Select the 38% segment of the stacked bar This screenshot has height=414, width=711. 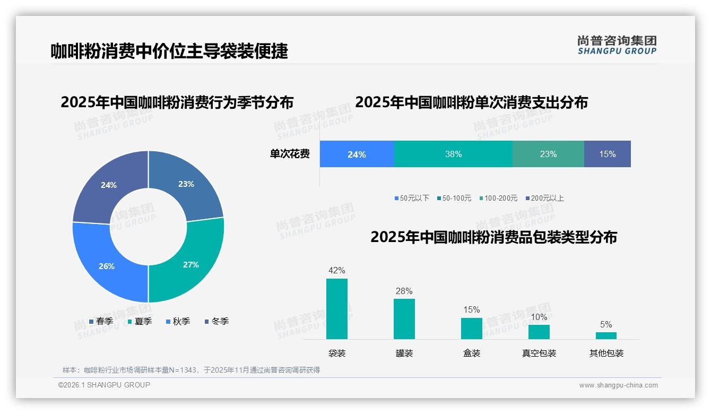pyautogui.click(x=453, y=154)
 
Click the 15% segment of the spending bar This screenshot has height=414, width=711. pyautogui.click(x=607, y=154)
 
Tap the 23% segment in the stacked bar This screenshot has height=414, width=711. pyautogui.click(x=548, y=154)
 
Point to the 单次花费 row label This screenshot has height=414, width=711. pyautogui.click(x=290, y=154)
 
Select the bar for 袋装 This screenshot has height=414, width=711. pyautogui.click(x=337, y=309)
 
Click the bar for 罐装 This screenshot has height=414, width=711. pyautogui.click(x=404, y=319)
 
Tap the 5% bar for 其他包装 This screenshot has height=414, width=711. pyautogui.click(x=606, y=335)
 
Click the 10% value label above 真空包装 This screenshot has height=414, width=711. pyautogui.click(x=539, y=317)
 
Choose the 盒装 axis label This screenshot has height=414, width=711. pyautogui.click(x=471, y=353)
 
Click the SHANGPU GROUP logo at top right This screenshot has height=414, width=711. pyautogui.click(x=617, y=45)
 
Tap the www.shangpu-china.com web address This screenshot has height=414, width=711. pyautogui.click(x=618, y=385)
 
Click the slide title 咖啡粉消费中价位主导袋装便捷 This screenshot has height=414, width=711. pyautogui.click(x=169, y=51)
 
